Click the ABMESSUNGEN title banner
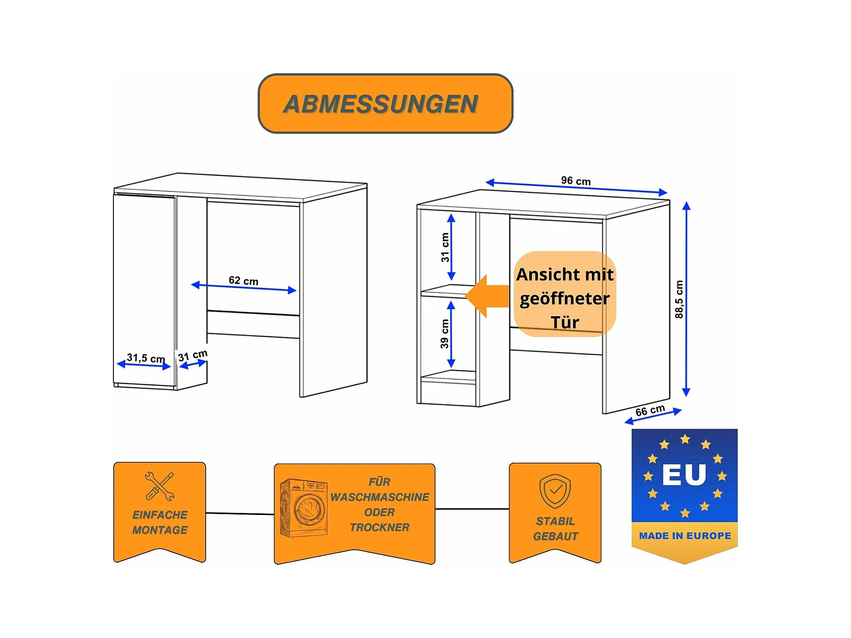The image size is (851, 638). (385, 104)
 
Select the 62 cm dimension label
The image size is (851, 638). (243, 280)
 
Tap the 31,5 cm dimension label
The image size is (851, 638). (146, 358)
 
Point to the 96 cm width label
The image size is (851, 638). (575, 181)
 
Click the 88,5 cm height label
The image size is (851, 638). (679, 299)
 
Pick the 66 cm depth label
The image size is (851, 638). (650, 410)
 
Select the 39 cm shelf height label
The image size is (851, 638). (445, 334)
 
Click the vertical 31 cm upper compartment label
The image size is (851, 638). (445, 247)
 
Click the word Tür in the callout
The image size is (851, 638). (565, 323)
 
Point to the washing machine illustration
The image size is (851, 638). (304, 508)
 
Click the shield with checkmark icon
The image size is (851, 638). (555, 491)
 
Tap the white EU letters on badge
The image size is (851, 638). (684, 474)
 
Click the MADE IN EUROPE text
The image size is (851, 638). (685, 536)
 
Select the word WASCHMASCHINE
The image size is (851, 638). (379, 497)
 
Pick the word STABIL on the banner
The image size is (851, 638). (555, 521)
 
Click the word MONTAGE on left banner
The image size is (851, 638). (160, 530)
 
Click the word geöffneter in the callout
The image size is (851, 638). (565, 299)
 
